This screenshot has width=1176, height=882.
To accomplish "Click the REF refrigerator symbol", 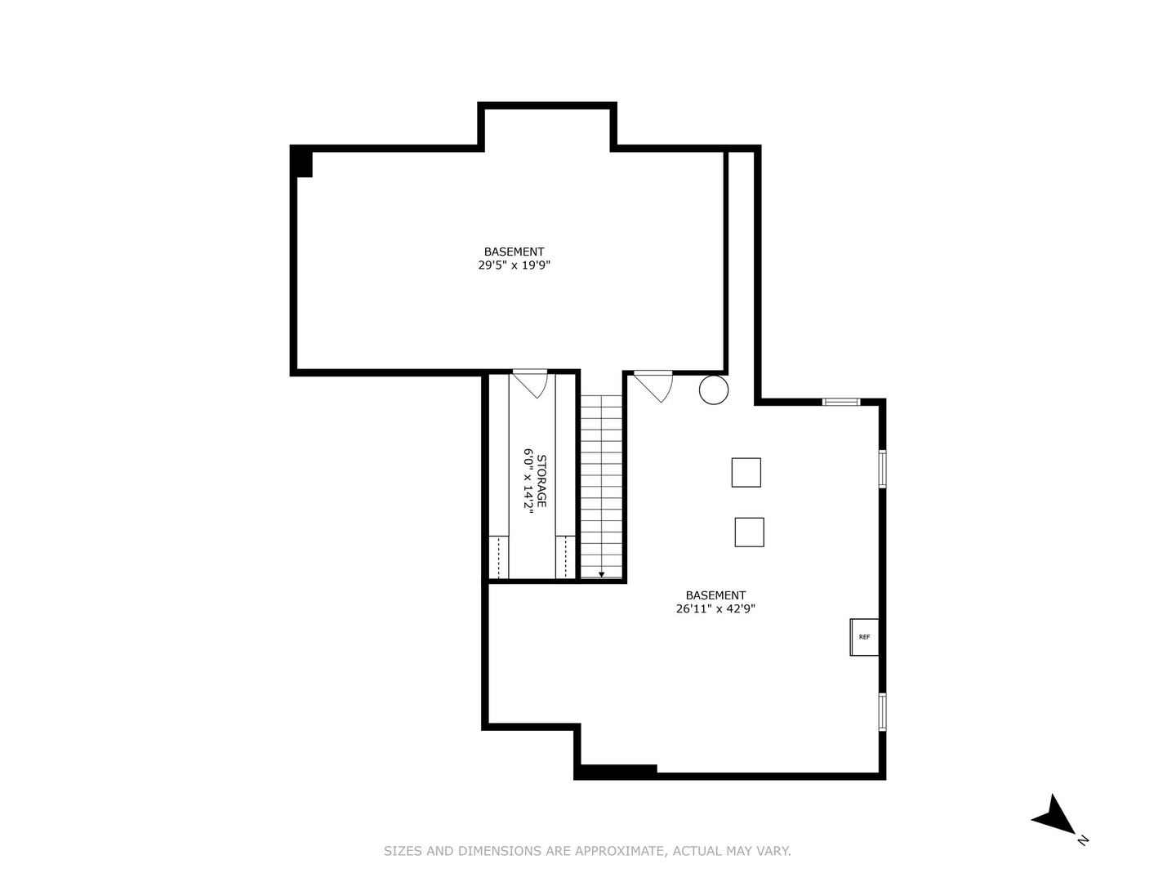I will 864,637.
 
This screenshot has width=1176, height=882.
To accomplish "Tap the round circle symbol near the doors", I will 714,390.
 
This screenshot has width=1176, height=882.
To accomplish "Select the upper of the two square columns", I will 746,472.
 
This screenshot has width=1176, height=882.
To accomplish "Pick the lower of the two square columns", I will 749,532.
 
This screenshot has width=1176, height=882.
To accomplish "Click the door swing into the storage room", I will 532,383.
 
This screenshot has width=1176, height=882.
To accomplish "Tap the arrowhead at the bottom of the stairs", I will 602,575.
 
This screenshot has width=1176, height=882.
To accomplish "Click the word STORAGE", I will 541,481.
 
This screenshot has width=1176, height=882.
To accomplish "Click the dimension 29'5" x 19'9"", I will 514,265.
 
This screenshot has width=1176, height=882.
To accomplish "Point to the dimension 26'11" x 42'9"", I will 715,608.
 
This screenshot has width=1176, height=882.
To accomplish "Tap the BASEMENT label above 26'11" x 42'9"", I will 715,595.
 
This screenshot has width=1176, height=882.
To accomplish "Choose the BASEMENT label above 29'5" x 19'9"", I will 514,252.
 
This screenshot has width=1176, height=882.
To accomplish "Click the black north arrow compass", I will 1055,814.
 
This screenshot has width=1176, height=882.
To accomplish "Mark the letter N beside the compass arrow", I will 1083,840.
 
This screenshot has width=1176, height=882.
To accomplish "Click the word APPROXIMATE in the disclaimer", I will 620,851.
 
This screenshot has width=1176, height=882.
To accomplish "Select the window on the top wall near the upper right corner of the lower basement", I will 840,401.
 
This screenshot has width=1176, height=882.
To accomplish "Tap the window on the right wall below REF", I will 882,711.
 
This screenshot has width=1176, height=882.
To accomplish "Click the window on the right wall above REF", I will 882,468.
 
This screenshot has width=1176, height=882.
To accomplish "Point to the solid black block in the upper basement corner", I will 302,162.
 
